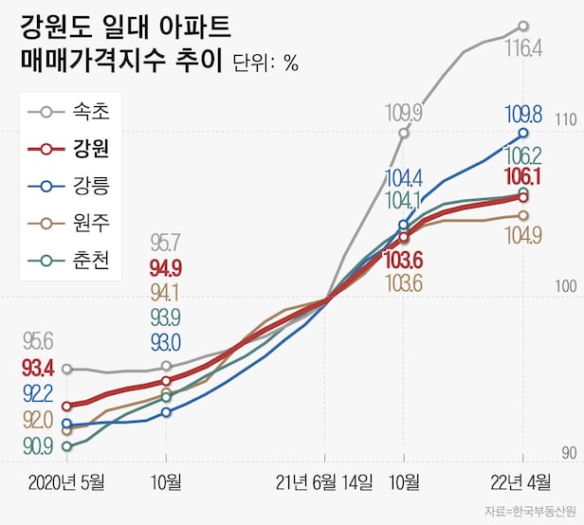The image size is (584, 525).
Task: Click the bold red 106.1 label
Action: point(523,176)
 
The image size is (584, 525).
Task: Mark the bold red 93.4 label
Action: point(38,367)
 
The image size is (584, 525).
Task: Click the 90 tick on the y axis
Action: point(568,454)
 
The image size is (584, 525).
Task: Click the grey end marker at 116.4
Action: point(523,27)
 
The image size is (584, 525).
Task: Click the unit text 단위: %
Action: point(265,63)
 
